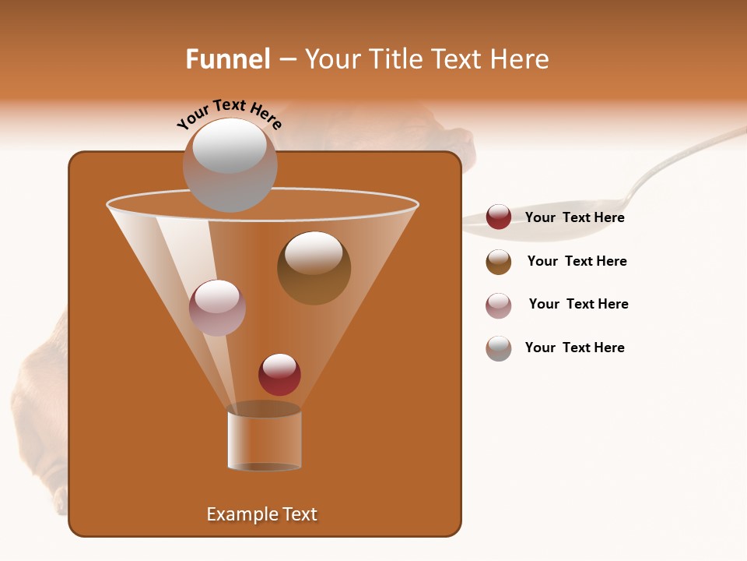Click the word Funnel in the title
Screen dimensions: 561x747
coord(228,59)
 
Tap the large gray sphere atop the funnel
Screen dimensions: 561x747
coord(230,164)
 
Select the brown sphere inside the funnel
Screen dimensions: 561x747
coord(314,267)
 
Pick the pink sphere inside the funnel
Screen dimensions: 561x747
coord(217,307)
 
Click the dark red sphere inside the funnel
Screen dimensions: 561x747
coord(279,374)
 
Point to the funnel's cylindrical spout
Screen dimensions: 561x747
coord(265,440)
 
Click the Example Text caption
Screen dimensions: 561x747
coord(261,514)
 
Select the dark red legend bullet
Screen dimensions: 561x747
coord(499,217)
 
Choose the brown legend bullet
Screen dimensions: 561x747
coord(499,262)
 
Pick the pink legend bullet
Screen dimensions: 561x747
coord(499,305)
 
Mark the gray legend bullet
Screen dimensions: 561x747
coord(499,348)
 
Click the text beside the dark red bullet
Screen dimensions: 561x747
coord(574,218)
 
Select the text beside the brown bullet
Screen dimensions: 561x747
coord(577,262)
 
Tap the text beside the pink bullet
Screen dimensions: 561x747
coord(578,305)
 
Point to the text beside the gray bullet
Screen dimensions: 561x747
coord(574,348)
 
